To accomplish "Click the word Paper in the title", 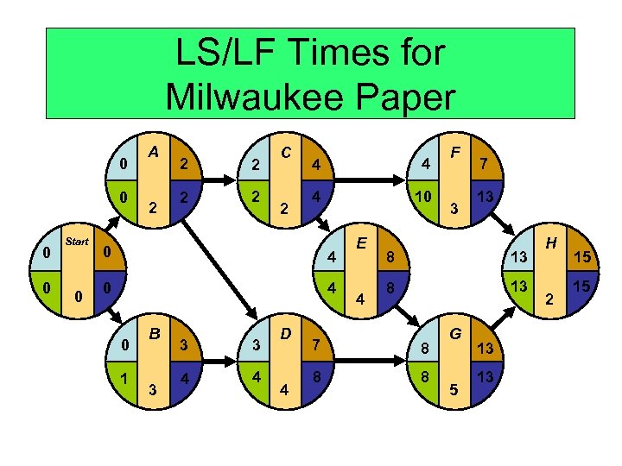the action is [411, 96].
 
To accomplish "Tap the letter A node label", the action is [152, 152].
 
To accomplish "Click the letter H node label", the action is [549, 245].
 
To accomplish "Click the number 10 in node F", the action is [422, 198].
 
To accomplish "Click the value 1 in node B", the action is [125, 377].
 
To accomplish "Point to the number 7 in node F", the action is [485, 164].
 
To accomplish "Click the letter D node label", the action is [285, 332].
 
